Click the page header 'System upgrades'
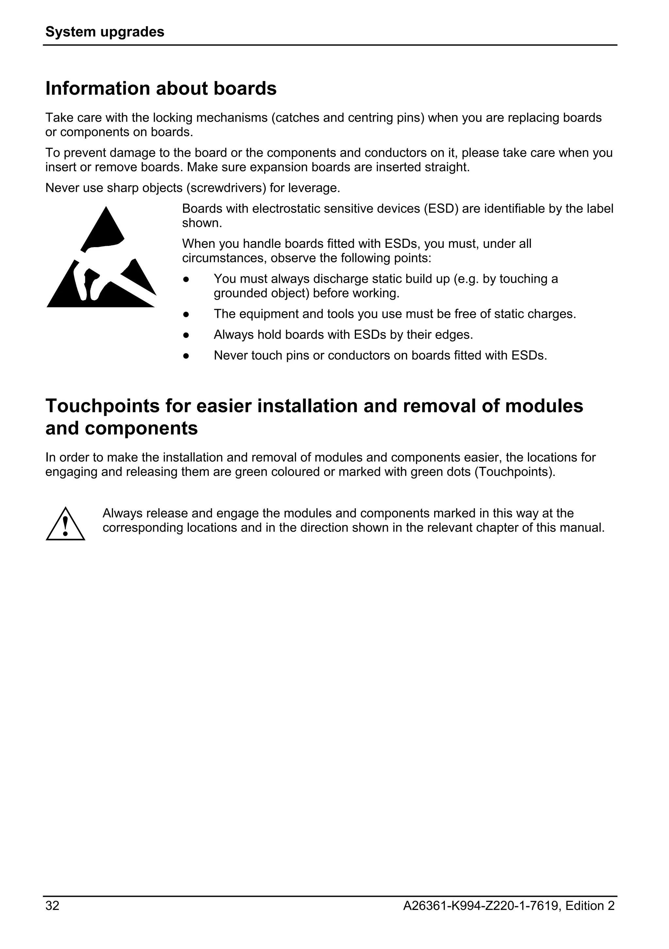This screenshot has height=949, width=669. click(105, 32)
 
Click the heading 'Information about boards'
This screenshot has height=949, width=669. click(161, 88)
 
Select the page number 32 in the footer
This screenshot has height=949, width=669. click(53, 906)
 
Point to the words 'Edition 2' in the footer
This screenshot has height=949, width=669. click(590, 906)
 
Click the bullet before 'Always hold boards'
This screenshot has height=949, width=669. click(186, 335)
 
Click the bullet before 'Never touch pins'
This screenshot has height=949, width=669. click(186, 356)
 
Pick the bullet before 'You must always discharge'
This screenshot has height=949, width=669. click(186, 279)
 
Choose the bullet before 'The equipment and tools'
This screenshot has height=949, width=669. click(186, 314)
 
